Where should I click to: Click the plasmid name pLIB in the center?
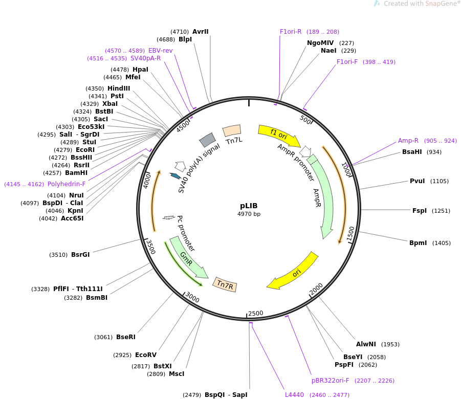[249, 206]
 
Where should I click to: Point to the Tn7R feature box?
[225, 284]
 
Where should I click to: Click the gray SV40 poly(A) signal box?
[207, 140]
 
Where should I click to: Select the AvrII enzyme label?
[200, 32]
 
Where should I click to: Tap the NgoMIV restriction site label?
[320, 43]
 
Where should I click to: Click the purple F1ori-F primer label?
[347, 62]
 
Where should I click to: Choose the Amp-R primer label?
[408, 141]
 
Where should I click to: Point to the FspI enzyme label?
[420, 210]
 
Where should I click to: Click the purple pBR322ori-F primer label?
[330, 381]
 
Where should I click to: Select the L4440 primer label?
[294, 395]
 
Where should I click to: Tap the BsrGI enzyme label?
[80, 254]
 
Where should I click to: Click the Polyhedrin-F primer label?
[67, 184]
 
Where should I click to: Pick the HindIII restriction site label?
[119, 88]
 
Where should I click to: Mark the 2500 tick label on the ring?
[255, 313]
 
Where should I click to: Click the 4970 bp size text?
[249, 214]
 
